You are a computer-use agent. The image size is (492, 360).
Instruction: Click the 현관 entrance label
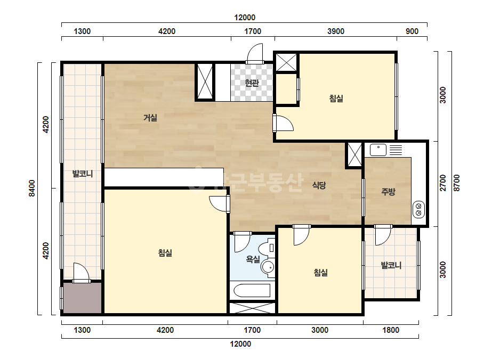252,83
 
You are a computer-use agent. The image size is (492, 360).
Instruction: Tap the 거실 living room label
150,118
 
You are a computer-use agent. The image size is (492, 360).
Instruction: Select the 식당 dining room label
319,185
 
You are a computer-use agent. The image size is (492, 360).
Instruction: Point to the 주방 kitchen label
388,192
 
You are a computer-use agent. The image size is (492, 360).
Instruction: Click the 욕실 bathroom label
253,259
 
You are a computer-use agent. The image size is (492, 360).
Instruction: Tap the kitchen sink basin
378,150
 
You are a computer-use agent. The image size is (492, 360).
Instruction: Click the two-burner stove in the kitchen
418,209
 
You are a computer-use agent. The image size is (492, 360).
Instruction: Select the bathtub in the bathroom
252,290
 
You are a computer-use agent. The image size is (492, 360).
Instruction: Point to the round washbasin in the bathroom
268,267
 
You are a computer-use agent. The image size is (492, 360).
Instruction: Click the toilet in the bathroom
270,248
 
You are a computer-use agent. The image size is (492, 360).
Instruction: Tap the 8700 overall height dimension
456,183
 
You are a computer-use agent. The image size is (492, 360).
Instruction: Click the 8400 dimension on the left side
32,188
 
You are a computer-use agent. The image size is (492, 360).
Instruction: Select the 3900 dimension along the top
336,31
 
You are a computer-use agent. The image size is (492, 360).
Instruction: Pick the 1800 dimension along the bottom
391,330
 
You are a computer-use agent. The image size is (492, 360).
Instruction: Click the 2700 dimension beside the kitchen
443,183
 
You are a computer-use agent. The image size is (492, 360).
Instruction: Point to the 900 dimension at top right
412,31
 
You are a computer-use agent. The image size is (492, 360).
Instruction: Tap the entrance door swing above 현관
255,53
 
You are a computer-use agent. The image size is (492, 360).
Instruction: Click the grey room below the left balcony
83,298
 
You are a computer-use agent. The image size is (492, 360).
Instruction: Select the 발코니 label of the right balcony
391,265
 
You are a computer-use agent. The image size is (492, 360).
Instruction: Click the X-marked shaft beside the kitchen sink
355,155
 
